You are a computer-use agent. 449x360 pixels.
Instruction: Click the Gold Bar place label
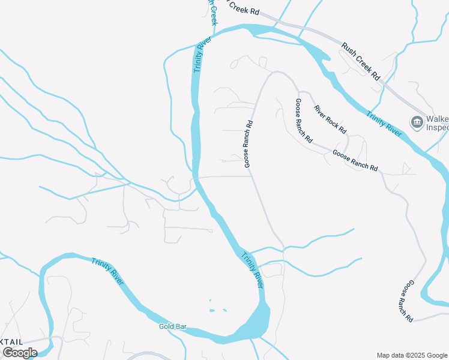[x=173, y=327]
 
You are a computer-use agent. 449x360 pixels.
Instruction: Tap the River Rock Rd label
[x=330, y=119]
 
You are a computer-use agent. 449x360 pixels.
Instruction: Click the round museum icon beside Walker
[x=417, y=122]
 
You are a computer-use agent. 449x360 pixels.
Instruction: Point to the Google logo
[x=20, y=352]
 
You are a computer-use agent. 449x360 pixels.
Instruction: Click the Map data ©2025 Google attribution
[x=412, y=355]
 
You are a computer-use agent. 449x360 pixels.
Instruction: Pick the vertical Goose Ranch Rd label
[x=249, y=143]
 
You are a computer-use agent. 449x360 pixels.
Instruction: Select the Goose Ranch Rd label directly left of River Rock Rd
[x=303, y=120]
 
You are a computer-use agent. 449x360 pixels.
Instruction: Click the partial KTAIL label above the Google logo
[x=12, y=341]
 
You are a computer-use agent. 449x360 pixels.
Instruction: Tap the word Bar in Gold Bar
[x=181, y=327]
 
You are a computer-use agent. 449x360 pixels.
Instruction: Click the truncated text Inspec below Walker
[x=437, y=127]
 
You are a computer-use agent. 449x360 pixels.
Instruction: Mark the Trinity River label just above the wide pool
[x=252, y=269]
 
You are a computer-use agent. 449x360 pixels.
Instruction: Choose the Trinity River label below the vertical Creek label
[x=202, y=55]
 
